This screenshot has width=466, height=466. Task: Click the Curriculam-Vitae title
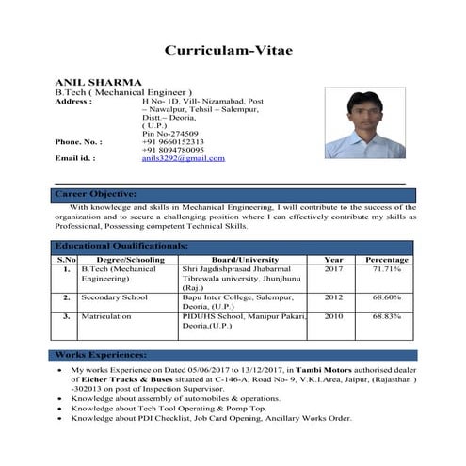pyautogui.click(x=233, y=50)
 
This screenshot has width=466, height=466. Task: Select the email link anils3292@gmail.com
pyautogui.click(x=184, y=158)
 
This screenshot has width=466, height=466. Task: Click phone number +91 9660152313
pyautogui.click(x=172, y=141)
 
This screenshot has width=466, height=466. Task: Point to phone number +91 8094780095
pyautogui.click(x=172, y=150)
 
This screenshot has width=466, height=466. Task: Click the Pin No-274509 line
pyautogui.click(x=168, y=133)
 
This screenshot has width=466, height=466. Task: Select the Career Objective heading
pyautogui.click(x=96, y=194)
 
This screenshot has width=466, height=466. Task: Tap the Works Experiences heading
pyautogui.click(x=101, y=356)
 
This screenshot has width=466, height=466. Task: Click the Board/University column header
pyautogui.click(x=245, y=259)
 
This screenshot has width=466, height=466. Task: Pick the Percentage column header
pyautogui.click(x=386, y=259)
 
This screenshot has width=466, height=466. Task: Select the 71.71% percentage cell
pyautogui.click(x=386, y=269)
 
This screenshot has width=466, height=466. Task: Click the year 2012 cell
pyautogui.click(x=333, y=297)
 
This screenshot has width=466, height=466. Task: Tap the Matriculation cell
pyautogui.click(x=106, y=317)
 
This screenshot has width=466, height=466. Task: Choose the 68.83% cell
pyautogui.click(x=386, y=317)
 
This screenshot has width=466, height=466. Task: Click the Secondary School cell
pyautogui.click(x=114, y=297)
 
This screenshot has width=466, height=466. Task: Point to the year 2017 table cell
pyautogui.click(x=333, y=269)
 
